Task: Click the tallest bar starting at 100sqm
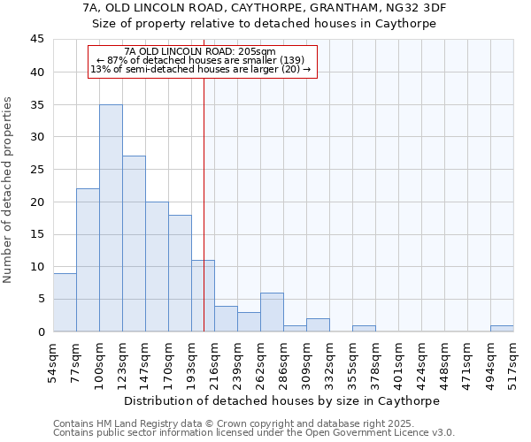111,217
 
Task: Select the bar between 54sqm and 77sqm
65,302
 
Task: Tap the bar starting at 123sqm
134,244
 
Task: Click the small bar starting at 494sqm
502,328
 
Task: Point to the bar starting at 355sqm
364,328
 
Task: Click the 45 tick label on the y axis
36,40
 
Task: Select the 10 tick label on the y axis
36,267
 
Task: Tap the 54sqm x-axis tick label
54,362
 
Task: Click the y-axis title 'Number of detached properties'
9,190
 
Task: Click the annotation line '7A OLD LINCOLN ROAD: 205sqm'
201,51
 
